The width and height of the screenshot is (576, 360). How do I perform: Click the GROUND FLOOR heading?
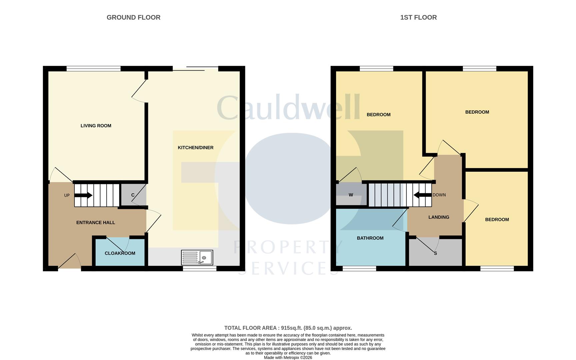pyautogui.click(x=133, y=17)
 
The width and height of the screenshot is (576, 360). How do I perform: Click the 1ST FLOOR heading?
pyautogui.click(x=418, y=17)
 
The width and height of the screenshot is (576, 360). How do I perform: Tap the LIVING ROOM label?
pyautogui.click(x=96, y=126)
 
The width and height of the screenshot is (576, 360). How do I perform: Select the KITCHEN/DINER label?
pyautogui.click(x=195, y=148)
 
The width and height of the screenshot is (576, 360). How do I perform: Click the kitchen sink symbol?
pyautogui.click(x=197, y=258)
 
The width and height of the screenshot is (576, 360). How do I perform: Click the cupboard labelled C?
pyautogui.click(x=133, y=195)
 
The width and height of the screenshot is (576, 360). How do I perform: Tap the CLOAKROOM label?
pyautogui.click(x=120, y=253)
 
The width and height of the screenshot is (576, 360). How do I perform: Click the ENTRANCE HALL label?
pyautogui.click(x=96, y=223)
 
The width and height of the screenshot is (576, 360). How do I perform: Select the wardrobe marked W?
pyautogui.click(x=351, y=195)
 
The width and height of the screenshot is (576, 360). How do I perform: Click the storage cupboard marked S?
pyautogui.click(x=435, y=253)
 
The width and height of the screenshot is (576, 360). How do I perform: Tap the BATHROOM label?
pyautogui.click(x=370, y=238)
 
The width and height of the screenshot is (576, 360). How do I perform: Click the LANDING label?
pyautogui.click(x=439, y=217)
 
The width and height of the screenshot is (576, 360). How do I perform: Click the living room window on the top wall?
pyautogui.click(x=93, y=69)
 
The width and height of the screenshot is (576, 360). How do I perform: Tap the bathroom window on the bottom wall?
pyautogui.click(x=359, y=268)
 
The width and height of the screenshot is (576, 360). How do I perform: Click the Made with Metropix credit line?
pyautogui.click(x=288, y=358)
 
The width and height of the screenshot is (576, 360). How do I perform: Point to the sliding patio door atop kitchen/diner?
pyautogui.click(x=195, y=69)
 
